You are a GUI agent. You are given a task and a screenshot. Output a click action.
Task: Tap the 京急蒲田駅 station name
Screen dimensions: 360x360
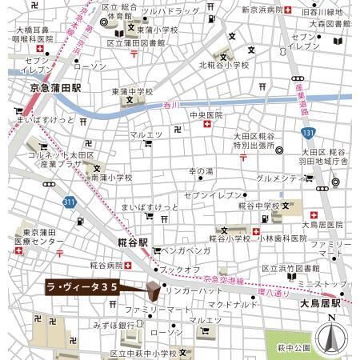(56, 87)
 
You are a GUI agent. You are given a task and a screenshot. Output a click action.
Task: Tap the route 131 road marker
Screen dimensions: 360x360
(308, 133)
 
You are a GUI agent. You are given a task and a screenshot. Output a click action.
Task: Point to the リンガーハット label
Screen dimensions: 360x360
(195, 291)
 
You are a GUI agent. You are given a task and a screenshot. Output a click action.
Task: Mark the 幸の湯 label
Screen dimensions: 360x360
(201, 171)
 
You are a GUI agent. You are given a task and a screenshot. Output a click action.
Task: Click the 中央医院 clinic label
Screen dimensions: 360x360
(206, 116)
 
